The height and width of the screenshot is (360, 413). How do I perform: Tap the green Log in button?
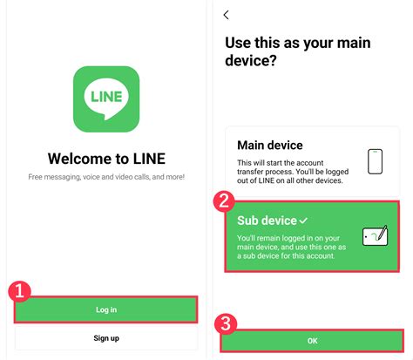point(106,309)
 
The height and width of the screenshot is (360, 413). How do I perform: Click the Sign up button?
point(106,338)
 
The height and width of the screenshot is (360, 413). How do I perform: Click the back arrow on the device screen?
point(227,15)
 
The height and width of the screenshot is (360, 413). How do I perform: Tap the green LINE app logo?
point(106,99)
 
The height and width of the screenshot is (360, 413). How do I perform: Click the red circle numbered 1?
point(19,291)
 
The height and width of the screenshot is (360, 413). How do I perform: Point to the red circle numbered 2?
point(224,201)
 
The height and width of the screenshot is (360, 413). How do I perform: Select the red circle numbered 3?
point(226,324)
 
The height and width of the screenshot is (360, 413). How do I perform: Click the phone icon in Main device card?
point(375,161)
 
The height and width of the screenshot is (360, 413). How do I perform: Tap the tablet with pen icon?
point(376,235)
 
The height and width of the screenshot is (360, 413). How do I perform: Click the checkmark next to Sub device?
point(303,221)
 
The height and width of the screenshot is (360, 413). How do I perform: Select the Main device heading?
point(270,145)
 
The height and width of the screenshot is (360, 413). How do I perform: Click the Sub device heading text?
point(267,221)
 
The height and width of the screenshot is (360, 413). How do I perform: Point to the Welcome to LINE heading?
point(106,159)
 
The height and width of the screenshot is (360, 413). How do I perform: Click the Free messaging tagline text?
point(106,177)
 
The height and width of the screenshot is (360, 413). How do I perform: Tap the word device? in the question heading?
point(251,60)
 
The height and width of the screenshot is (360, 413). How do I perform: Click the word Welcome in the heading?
point(80,159)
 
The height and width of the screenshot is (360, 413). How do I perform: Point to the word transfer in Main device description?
point(250,172)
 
